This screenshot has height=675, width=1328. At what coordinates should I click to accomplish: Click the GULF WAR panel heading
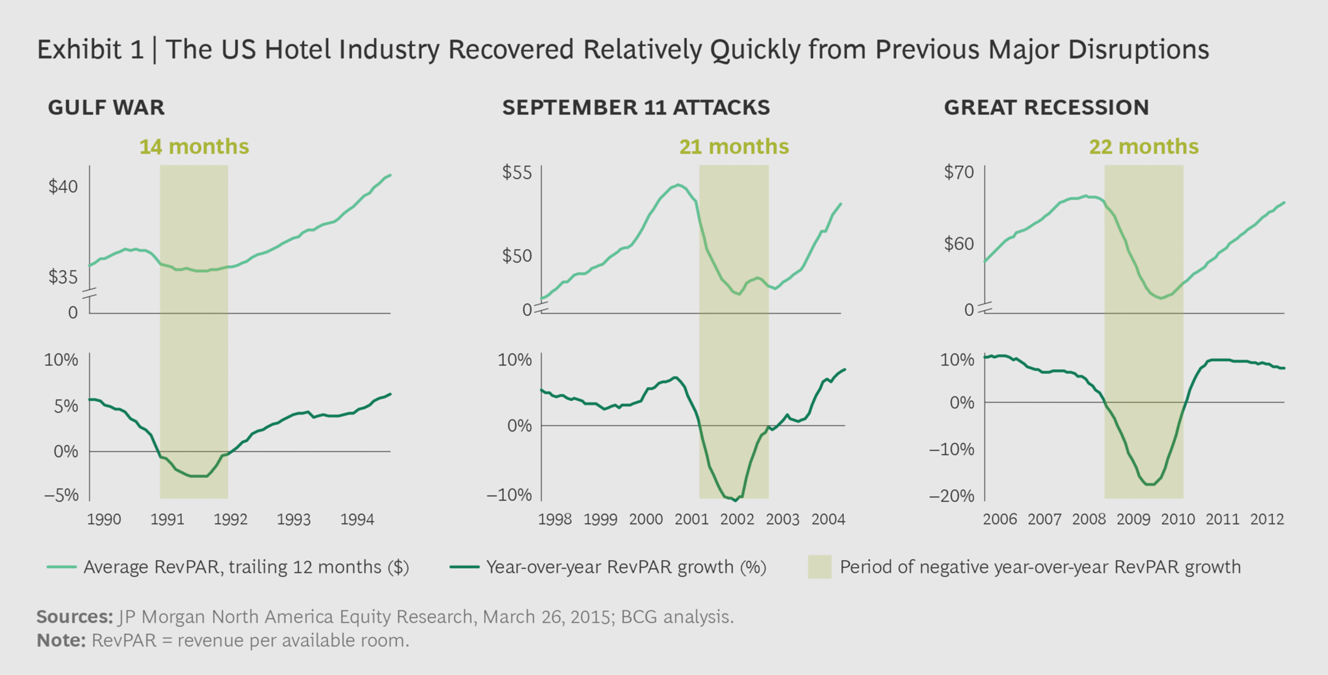(x=106, y=107)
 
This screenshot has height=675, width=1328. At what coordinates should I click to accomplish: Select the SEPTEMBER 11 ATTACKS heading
(x=636, y=107)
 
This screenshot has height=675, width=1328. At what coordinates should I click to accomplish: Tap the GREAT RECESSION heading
(x=1046, y=107)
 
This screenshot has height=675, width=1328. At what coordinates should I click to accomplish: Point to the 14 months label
(x=194, y=147)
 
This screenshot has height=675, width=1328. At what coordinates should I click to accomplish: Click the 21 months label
(x=734, y=147)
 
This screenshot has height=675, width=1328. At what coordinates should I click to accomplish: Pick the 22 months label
(x=1144, y=147)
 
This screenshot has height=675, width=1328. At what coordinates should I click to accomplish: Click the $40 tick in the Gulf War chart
(x=63, y=187)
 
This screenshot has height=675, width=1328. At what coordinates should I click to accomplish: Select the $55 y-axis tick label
(x=516, y=172)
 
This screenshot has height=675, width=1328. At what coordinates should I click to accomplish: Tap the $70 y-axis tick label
(x=958, y=172)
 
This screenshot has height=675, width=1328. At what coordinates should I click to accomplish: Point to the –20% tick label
(x=951, y=496)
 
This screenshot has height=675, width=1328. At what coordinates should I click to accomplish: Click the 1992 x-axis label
(x=231, y=519)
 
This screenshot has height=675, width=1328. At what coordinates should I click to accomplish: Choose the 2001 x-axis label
(x=692, y=519)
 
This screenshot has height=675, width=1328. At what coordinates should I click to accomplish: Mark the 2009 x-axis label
(x=1133, y=519)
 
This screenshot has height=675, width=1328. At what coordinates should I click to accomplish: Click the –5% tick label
(x=61, y=495)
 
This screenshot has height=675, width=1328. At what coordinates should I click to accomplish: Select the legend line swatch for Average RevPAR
(x=62, y=567)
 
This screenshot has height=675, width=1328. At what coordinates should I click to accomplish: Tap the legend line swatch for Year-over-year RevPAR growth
(x=464, y=567)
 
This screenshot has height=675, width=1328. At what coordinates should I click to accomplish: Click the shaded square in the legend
(x=819, y=567)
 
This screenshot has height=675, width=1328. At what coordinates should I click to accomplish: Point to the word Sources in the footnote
(x=74, y=617)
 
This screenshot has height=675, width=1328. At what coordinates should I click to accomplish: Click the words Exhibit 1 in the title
(x=90, y=50)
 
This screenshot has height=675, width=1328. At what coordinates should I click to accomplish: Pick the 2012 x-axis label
(x=1267, y=519)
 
